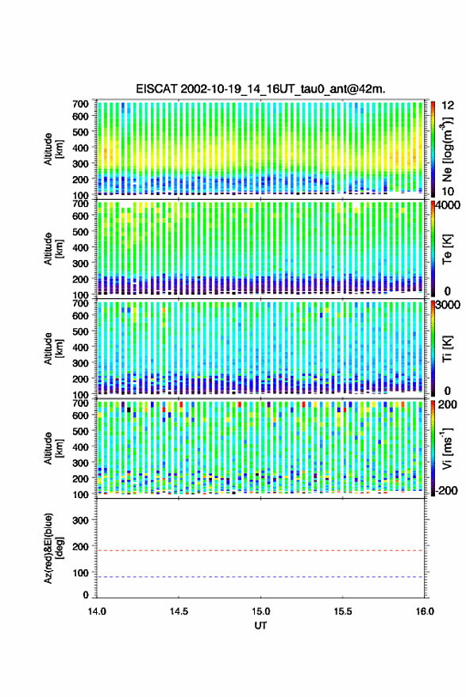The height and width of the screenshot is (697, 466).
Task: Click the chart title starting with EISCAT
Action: pos(261,89)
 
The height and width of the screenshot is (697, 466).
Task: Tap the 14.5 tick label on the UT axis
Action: pos(179,611)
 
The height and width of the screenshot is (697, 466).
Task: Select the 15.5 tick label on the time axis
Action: pos(342,611)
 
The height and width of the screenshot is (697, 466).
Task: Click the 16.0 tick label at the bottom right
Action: pos(425,611)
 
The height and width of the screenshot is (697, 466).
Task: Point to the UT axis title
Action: pos(260,626)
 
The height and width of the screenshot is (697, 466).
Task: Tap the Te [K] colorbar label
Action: pos(447,249)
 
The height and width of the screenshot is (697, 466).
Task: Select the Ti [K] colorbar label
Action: pos(447,349)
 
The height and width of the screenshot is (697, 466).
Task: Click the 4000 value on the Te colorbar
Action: pos(449,206)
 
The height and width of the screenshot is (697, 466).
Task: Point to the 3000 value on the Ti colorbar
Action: pos(449,305)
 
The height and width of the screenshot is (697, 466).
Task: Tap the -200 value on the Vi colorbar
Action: pos(447,490)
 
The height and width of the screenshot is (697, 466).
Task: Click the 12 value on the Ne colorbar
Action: pos(448,105)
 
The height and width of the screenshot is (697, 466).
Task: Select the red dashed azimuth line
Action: pos(260,550)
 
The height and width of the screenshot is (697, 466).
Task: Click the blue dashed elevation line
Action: pos(260,577)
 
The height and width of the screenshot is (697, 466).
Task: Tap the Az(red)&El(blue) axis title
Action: pos(52,548)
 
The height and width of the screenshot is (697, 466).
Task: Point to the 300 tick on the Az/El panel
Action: pos(80,520)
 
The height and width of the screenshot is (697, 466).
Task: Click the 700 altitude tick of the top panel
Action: pos(80,104)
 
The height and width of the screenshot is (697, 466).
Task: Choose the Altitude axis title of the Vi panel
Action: pos(52,448)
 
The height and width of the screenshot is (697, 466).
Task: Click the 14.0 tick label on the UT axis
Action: pos(97,611)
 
